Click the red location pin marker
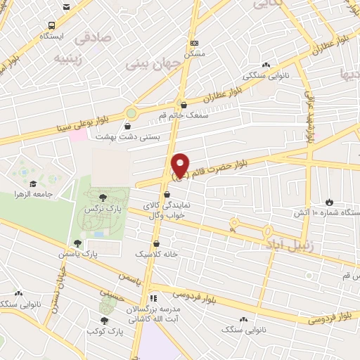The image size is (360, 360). click(181, 164)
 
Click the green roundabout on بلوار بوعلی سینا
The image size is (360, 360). click(131, 112)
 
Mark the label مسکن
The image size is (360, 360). click(193, 53)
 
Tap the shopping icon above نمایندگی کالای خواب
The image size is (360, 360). click(166, 195)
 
